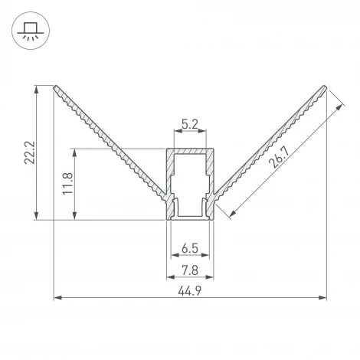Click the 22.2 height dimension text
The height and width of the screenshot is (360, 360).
click(28, 152)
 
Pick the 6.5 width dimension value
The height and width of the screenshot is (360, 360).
click(191, 249)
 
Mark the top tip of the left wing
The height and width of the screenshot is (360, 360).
click(55, 86)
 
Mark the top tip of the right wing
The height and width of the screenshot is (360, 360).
click(326, 86)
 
